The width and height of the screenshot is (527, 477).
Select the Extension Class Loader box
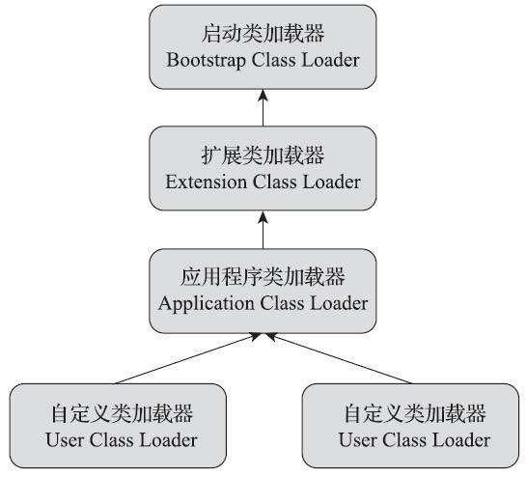click(263, 167)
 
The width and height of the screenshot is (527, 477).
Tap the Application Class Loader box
click(263, 289)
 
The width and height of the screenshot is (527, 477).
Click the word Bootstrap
click(201, 59)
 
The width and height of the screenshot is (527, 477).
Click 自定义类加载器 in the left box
click(121, 414)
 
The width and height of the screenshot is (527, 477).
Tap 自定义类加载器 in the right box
click(414, 414)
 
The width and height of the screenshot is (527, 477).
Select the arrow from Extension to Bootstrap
click(263, 106)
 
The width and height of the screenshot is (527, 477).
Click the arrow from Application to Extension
click(263, 229)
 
